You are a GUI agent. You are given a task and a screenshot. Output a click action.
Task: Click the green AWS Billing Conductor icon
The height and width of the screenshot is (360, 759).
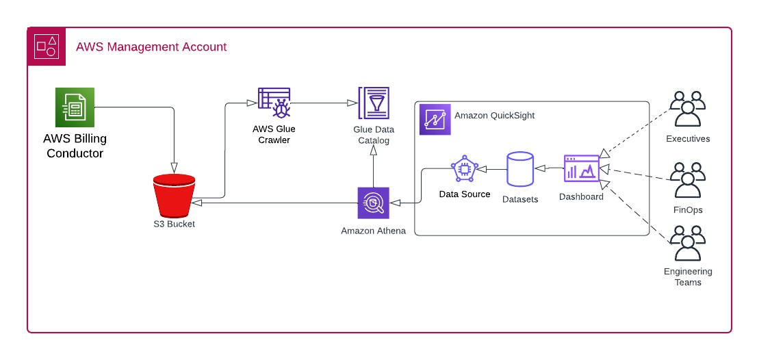pos(75,107)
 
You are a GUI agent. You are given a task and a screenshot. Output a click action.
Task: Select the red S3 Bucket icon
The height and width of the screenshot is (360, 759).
pos(174,194)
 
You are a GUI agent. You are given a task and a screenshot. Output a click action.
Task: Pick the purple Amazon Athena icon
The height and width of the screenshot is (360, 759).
pos(373,203)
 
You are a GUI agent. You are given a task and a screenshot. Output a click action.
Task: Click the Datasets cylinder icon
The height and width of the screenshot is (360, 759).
pos(519,169)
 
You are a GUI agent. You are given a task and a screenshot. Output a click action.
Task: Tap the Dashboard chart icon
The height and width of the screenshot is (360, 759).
pos(581,168)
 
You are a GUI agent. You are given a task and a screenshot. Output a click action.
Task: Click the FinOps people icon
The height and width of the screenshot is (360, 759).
pos(687,180)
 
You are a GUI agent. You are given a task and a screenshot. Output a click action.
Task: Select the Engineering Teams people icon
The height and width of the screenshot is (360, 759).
pos(687,244)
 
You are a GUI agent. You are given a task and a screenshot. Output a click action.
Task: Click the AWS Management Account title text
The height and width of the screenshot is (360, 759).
pos(151,47)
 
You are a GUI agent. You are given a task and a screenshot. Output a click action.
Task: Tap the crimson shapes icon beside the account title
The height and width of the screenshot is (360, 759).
pos(47,47)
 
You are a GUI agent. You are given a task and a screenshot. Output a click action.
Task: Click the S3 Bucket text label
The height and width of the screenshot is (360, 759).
pos(174,224)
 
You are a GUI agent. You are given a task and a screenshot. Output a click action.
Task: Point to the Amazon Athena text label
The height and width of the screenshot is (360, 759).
pos(373,231)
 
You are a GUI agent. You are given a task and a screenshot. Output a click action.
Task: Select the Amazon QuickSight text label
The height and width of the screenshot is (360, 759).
pos(494,116)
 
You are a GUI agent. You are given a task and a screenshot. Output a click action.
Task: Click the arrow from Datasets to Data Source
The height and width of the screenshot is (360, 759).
pos(491,169)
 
